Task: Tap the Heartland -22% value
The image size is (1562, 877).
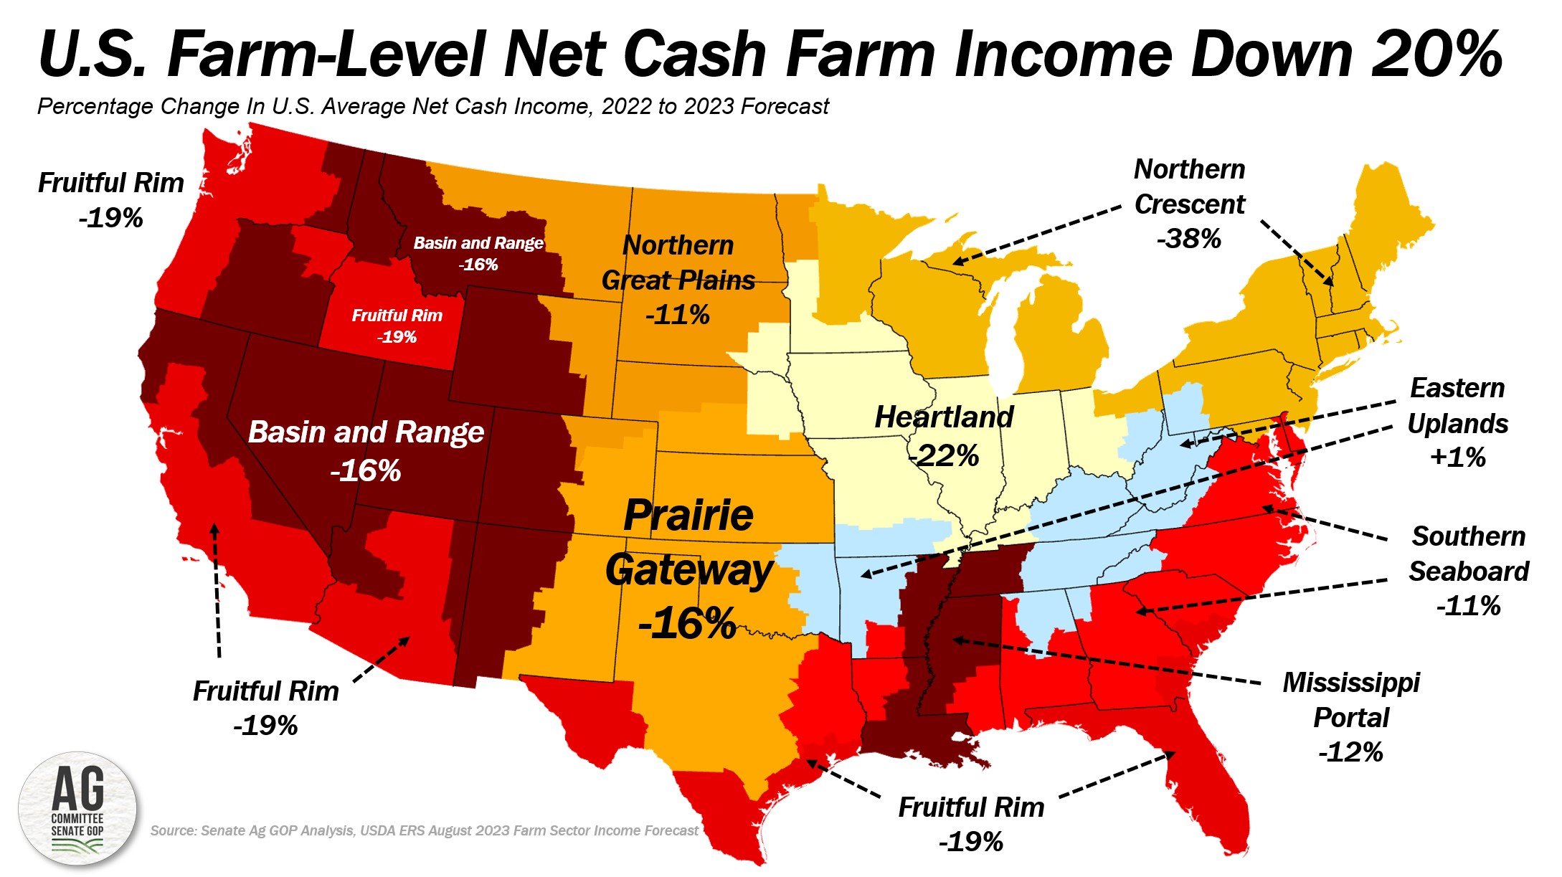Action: pos(944,455)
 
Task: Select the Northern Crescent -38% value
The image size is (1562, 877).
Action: pos(1188,239)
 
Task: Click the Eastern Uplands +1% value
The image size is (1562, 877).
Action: pos(1457,457)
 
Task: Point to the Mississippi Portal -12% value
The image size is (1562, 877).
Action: pos(1350,752)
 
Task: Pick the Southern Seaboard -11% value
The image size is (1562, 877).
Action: pos(1468,606)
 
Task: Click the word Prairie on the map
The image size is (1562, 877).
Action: pos(688,515)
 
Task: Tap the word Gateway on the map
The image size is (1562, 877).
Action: pos(688,570)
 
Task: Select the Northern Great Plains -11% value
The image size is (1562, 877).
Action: pos(678,315)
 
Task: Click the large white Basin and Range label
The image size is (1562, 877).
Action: pos(366,432)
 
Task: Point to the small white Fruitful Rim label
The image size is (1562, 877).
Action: pos(397,316)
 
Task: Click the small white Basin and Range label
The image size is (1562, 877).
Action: pos(478,243)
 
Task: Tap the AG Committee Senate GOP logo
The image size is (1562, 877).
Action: pos(77,809)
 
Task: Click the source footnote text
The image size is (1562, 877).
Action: pos(424,830)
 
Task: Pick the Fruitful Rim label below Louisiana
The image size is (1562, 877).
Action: pos(971,807)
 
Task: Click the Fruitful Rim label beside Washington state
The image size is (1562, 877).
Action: pos(111,183)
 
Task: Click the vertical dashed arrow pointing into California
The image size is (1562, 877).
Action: pos(216,588)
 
